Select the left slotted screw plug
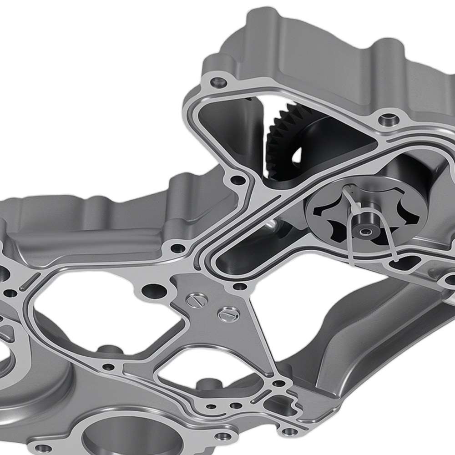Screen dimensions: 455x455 (197, 300)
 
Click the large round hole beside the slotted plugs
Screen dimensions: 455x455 (153, 290)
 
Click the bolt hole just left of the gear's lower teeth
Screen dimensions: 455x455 (238, 180)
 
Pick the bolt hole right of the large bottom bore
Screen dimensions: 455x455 (222, 436)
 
